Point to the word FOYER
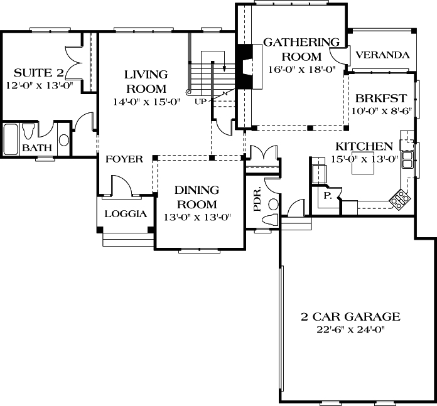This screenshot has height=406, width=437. pos(124,159)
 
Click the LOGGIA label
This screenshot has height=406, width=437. pos(125,213)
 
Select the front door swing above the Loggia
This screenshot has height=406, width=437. pos(121,185)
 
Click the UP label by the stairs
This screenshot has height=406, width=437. pos(200,101)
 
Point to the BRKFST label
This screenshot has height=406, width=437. pos(381,99)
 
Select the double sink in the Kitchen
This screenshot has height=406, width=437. pos(406,160)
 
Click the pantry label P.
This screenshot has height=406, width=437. pos(327,196)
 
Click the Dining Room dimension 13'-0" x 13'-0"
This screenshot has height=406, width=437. pos(196,218)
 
